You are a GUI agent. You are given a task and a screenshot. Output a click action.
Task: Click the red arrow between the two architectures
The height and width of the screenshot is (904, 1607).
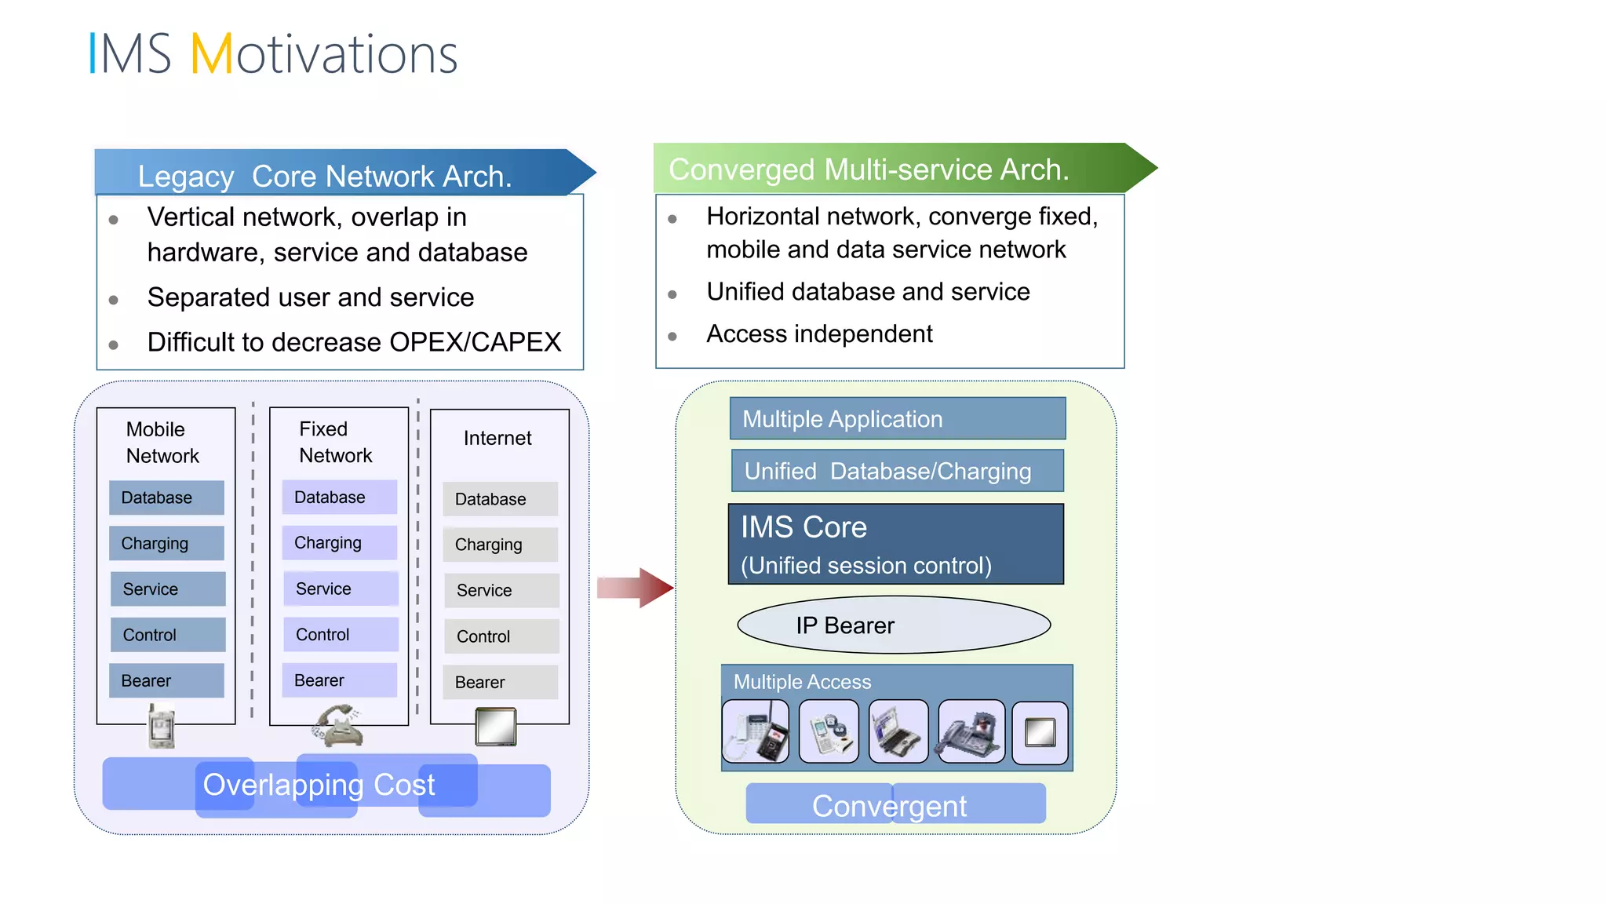click(636, 588)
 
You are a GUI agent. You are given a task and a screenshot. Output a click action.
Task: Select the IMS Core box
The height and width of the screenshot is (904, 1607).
click(895, 544)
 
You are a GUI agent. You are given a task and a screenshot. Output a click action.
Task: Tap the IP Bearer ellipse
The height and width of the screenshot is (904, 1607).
click(893, 625)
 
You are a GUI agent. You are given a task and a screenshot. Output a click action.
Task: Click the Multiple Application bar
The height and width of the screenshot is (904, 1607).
click(897, 418)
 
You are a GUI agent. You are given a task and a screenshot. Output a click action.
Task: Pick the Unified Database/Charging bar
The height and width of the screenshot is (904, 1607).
click(897, 471)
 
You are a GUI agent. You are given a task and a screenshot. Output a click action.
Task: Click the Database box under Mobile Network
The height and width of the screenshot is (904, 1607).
click(166, 498)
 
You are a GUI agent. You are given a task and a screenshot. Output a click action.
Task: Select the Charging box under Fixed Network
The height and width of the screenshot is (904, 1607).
click(339, 542)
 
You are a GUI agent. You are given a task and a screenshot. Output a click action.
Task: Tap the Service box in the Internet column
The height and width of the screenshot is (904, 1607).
click(501, 590)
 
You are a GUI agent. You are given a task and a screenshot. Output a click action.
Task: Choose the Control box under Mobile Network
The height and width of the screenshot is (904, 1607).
click(167, 635)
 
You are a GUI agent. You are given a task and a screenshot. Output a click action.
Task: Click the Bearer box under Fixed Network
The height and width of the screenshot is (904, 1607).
click(339, 680)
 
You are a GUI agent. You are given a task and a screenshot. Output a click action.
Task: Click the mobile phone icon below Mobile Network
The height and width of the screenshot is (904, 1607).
click(162, 726)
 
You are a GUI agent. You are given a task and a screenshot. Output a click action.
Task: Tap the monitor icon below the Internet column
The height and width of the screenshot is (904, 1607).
click(496, 727)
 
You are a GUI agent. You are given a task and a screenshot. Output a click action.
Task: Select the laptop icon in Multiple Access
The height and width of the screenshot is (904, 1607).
click(898, 732)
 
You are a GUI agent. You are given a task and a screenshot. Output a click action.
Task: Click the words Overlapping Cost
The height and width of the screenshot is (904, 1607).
click(319, 785)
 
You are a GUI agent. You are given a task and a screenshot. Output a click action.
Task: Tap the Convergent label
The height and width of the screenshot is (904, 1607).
click(889, 806)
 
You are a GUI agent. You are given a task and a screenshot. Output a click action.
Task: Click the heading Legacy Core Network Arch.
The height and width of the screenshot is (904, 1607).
click(325, 176)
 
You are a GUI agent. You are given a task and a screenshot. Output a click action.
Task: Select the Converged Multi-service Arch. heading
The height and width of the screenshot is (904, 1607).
click(869, 169)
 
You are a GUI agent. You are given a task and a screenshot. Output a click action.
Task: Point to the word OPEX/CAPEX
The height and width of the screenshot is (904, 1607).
click(475, 342)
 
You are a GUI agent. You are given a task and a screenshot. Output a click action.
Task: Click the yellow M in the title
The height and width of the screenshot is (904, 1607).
click(212, 54)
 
